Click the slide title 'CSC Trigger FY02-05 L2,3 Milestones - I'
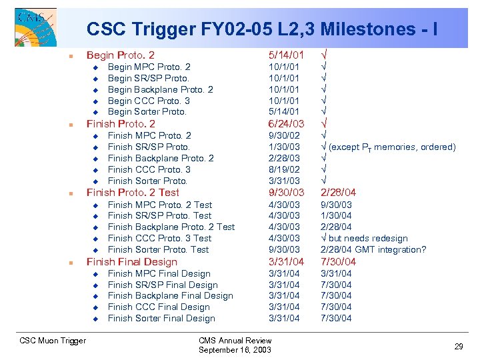pyautogui.click(x=261, y=29)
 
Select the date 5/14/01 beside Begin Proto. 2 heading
pyautogui.click(x=286, y=55)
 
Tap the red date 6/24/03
pyautogui.click(x=286, y=124)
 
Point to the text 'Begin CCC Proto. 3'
pyautogui.click(x=149, y=101)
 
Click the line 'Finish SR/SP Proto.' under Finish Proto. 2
pyautogui.click(x=149, y=147)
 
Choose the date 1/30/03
pyautogui.click(x=284, y=147)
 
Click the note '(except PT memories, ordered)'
pyautogui.click(x=393, y=147)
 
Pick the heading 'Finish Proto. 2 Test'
pyautogui.click(x=133, y=193)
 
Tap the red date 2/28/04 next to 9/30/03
pyautogui.click(x=339, y=193)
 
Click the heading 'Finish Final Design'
pyautogui.click(x=132, y=262)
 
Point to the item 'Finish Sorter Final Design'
pyautogui.click(x=161, y=318)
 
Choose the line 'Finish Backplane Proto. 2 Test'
pyautogui.click(x=171, y=227)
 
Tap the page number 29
pyautogui.click(x=459, y=347)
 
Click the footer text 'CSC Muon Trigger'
pyautogui.click(x=53, y=341)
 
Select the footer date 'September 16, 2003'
pyautogui.click(x=235, y=350)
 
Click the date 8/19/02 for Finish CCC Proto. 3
pyautogui.click(x=284, y=169)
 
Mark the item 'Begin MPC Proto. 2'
pyautogui.click(x=149, y=67)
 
